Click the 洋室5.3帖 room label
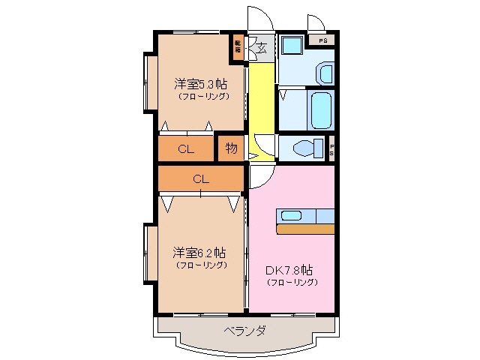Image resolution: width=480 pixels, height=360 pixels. point(202,83)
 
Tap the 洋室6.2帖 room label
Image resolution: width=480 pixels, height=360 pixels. point(202,253)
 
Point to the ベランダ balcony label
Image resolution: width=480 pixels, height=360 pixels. point(244,331)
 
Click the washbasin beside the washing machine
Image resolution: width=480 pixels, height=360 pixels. point(324,73)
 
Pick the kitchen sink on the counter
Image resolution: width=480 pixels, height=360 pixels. point(292,216)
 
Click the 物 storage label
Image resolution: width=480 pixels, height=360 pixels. point(232,148)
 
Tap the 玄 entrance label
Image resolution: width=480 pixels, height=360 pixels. point(262,49)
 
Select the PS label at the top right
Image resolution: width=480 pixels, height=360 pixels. point(323,40)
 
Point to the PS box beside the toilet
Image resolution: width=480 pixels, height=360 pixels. point(331,149)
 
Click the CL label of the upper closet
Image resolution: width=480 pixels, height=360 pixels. point(186,148)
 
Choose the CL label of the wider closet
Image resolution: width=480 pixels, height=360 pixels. point(201,178)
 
